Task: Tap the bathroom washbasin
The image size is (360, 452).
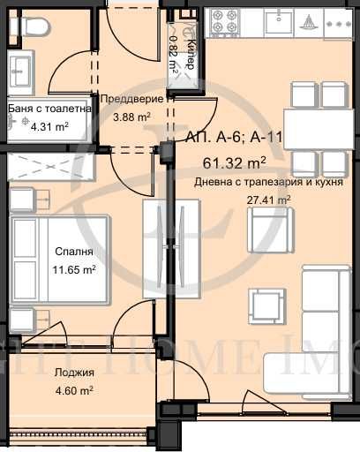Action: pyautogui.click(x=20, y=69)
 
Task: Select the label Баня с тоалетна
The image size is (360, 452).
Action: pyautogui.click(x=49, y=109)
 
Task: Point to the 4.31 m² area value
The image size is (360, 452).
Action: pyautogui.click(x=49, y=126)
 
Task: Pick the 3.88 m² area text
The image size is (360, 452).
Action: pyautogui.click(x=130, y=115)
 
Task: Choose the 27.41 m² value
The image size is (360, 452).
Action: pyautogui.click(x=268, y=200)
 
